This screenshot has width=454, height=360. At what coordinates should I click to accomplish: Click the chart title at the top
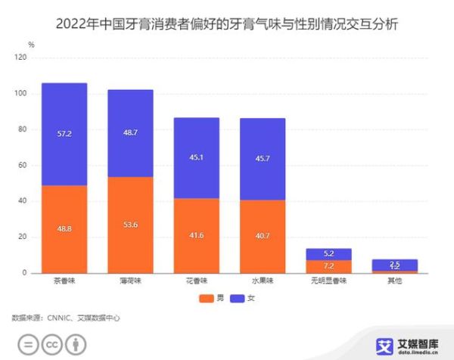[227, 23]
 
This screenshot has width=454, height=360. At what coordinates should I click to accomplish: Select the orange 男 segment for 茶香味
[64, 228]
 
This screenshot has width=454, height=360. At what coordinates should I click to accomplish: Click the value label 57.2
[64, 133]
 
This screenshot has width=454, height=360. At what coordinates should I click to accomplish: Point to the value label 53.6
[130, 225]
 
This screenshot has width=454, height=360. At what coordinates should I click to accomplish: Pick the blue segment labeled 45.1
[197, 158]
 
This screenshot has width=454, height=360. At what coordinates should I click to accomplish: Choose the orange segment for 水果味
[263, 236]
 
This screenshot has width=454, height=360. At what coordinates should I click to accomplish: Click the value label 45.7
[263, 158]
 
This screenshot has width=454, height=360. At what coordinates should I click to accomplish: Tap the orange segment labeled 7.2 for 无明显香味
[328, 266]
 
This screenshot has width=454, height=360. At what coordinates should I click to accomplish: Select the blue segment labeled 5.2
[328, 254]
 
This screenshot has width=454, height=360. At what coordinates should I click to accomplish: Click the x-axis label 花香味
[197, 281]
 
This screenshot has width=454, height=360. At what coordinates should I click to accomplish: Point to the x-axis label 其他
[395, 281]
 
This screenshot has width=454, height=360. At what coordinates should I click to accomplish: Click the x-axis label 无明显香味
[328, 281]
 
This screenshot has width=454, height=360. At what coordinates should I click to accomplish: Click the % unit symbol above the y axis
[31, 45]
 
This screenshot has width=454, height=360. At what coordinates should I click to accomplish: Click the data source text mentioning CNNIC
[66, 318]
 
